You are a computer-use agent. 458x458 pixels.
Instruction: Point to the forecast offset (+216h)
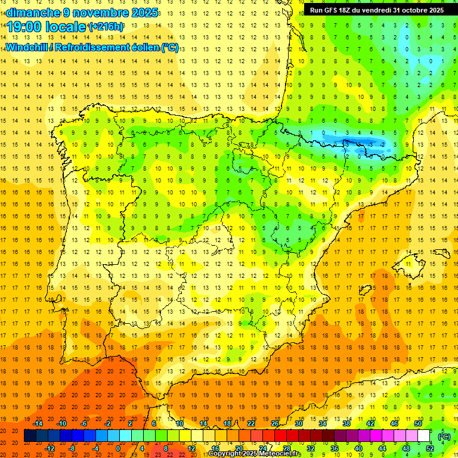click(106, 27)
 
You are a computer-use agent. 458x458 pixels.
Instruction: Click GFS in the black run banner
click(333, 10)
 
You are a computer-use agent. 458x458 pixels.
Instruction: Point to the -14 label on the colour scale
click(38, 423)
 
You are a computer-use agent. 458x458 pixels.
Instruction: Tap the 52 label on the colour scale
click(430, 448)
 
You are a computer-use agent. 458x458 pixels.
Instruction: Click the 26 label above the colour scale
click(275, 423)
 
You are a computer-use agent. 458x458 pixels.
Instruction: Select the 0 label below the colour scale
click(119, 448)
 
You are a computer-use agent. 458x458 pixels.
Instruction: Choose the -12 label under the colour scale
click(50, 448)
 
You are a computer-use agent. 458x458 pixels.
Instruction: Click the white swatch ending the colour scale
click(424, 436)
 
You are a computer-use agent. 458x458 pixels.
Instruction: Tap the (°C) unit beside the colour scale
click(444, 436)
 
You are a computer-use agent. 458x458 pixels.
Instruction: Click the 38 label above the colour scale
click(346, 423)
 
